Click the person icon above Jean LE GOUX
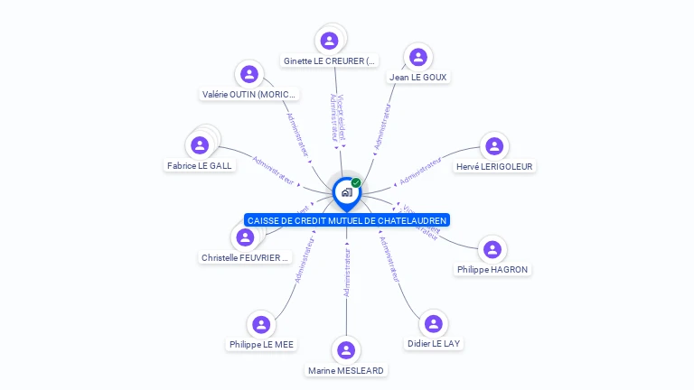coord(417,58)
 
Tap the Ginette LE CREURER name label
coord(329,61)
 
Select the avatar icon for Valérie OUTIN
coord(249,74)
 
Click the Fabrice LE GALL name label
coord(200,166)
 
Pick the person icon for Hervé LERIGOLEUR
coord(493,146)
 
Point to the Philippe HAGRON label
coord(492,270)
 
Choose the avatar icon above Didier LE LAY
coord(434,324)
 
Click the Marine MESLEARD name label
coord(346,371)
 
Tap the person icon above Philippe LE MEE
coord(261,324)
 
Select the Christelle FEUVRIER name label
coord(245,258)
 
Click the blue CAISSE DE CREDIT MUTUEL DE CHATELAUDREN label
coord(347,220)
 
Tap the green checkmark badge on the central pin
coord(356,182)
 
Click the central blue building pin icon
coord(346,192)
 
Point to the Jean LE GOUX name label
coord(418,78)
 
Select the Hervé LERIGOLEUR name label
coord(494,166)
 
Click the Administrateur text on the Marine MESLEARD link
coord(347,272)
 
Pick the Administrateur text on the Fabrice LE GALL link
coord(274,170)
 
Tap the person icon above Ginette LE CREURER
coord(329,40)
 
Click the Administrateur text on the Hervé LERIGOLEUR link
coord(421,170)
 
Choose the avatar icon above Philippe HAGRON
coord(492,249)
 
